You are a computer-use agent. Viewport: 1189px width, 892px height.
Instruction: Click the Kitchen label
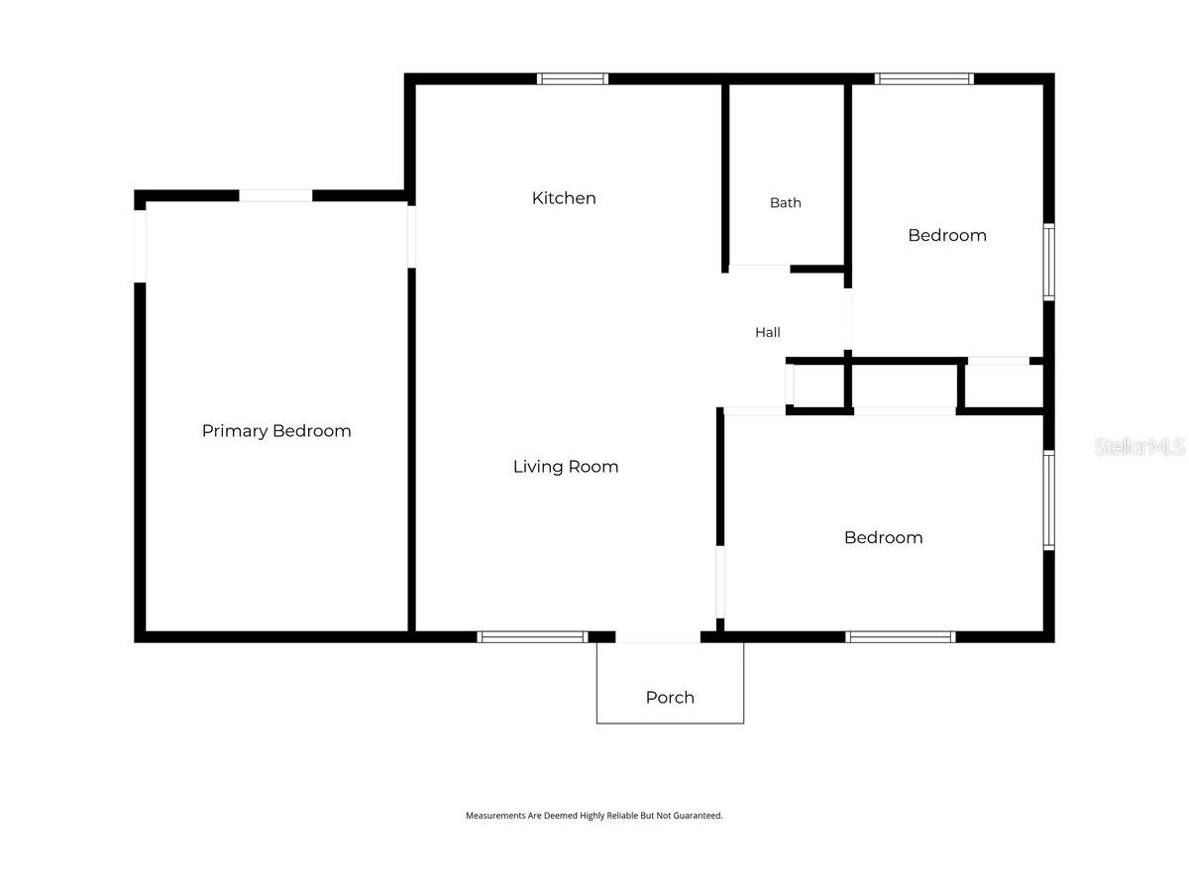click(x=564, y=198)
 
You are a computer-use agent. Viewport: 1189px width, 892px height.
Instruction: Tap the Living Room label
click(x=566, y=466)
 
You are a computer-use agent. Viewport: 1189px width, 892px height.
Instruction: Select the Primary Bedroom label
click(x=276, y=431)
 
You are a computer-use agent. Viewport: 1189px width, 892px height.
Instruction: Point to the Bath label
click(x=785, y=202)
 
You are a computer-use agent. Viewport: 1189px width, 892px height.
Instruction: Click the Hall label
click(x=768, y=332)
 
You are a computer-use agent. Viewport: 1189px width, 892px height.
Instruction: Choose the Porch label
click(x=670, y=697)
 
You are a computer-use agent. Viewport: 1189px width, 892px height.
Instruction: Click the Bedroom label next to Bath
click(x=947, y=235)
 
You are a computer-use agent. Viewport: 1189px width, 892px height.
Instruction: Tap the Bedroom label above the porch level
click(x=883, y=537)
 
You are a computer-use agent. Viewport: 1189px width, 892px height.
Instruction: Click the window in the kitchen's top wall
click(x=573, y=79)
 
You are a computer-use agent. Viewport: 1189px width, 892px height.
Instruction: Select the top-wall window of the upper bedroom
click(x=923, y=79)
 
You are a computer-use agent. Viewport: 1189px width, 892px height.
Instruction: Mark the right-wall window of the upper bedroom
click(x=1048, y=262)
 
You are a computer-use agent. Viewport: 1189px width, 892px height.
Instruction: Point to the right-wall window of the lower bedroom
click(x=1048, y=500)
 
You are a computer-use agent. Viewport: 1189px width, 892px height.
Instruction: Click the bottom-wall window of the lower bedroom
click(x=901, y=637)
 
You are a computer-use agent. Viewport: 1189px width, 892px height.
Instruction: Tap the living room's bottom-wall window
click(x=532, y=637)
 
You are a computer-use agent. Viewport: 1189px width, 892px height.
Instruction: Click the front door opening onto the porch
click(x=658, y=637)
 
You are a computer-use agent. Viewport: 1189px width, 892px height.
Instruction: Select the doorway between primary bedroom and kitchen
click(x=411, y=237)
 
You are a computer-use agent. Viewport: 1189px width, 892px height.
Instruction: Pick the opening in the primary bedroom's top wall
click(x=275, y=195)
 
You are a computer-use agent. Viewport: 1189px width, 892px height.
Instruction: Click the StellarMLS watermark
click(x=1139, y=446)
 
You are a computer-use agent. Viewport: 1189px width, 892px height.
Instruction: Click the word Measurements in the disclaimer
click(x=495, y=816)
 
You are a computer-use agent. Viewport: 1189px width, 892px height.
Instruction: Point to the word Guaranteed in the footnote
click(x=698, y=816)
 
